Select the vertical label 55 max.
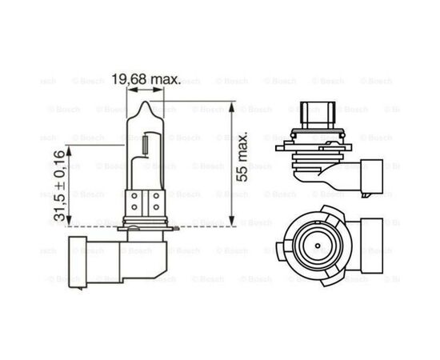242,165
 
